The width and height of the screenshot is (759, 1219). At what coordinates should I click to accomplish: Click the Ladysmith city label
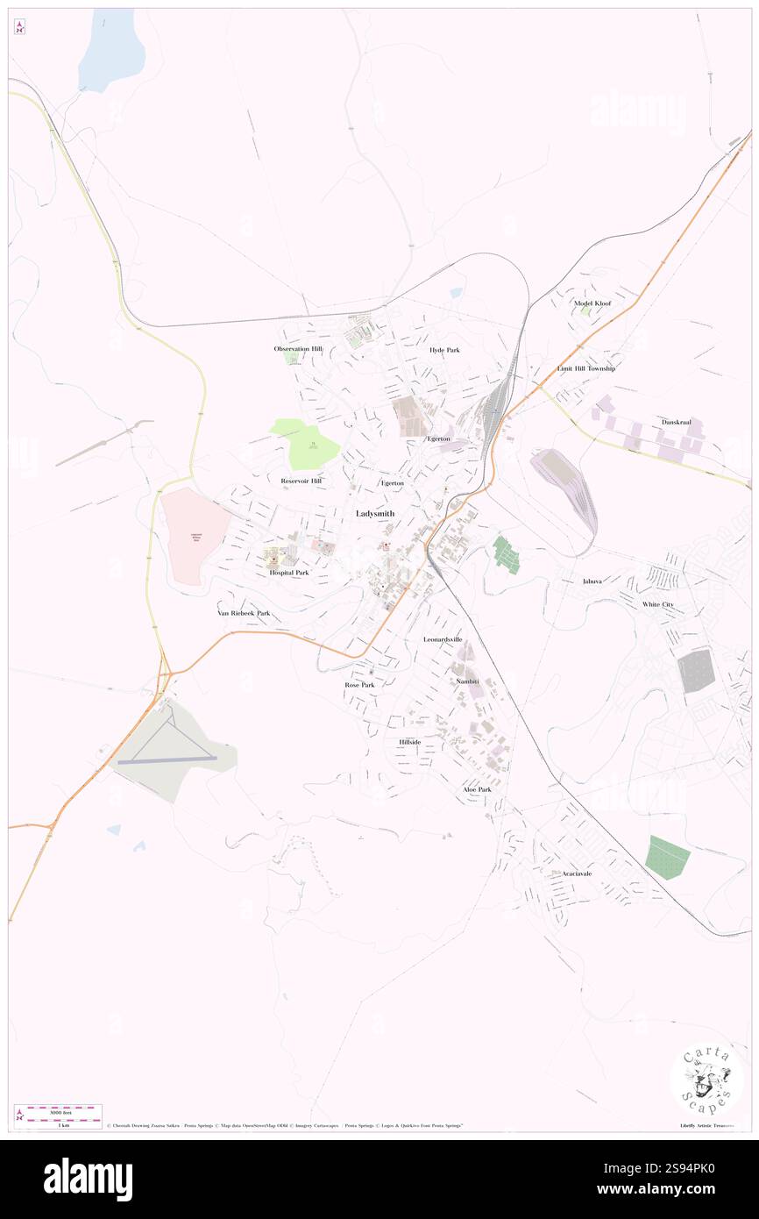click(x=375, y=513)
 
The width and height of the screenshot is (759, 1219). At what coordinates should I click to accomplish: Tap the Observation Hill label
click(x=298, y=349)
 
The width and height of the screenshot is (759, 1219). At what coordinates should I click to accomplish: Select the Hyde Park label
click(x=444, y=350)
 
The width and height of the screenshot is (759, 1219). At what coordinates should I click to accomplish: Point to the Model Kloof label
click(x=592, y=303)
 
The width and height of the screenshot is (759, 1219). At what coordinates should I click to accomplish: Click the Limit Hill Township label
click(x=586, y=368)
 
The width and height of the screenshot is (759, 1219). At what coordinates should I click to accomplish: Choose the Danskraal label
click(x=677, y=422)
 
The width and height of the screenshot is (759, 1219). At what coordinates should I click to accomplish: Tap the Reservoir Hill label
click(x=301, y=481)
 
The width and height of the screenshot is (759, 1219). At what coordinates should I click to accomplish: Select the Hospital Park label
click(x=289, y=573)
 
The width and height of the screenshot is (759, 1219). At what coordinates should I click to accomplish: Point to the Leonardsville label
click(x=443, y=639)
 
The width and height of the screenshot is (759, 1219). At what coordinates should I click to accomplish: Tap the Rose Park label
click(x=359, y=684)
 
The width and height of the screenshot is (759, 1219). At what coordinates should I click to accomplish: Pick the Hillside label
click(x=410, y=742)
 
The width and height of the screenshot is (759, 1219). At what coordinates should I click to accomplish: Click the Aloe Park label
click(x=478, y=789)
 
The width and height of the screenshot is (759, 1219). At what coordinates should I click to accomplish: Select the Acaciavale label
click(x=578, y=873)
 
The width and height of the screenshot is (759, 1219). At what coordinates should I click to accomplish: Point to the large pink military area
click(x=193, y=535)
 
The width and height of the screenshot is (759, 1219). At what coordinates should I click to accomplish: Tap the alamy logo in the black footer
click(x=88, y=1180)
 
